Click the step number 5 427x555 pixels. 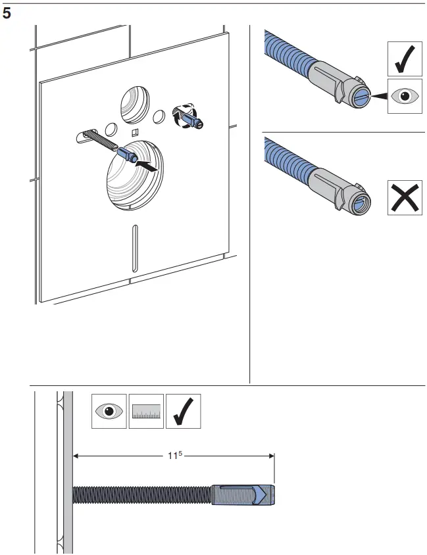[x=7, y=12]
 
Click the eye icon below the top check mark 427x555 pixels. [x=404, y=97]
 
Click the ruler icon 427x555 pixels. [x=145, y=411]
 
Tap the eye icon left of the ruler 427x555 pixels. [x=109, y=411]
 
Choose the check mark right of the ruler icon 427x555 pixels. [x=182, y=411]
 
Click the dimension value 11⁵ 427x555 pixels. [x=174, y=454]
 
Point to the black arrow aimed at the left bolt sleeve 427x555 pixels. [x=149, y=168]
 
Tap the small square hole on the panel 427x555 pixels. [x=134, y=132]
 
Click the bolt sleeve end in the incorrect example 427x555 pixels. [x=357, y=203]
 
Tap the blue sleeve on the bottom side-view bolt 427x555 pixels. [x=243, y=495]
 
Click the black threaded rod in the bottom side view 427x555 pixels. [x=141, y=495]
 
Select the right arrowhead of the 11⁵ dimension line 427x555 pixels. [x=270, y=454]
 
